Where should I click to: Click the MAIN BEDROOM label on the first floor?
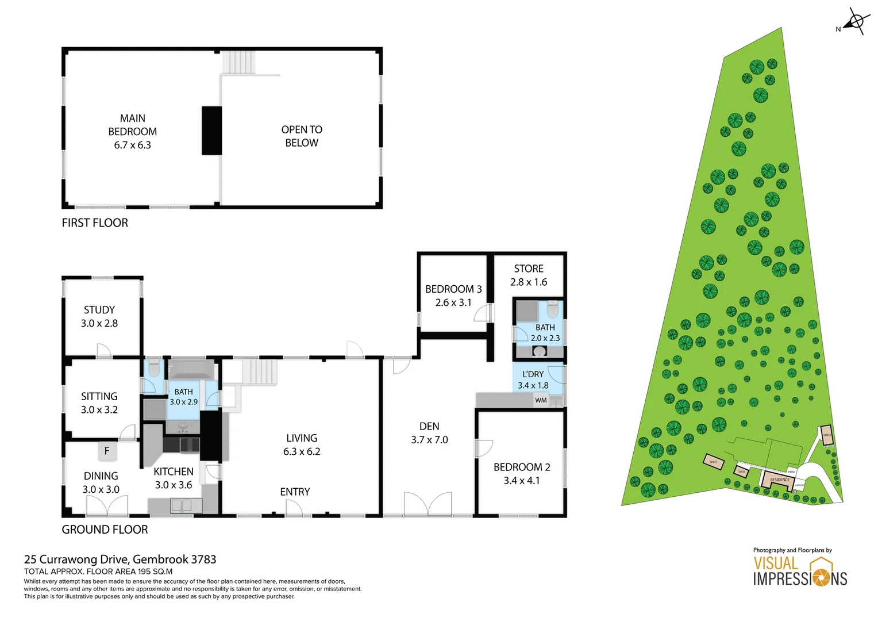[x=132, y=125]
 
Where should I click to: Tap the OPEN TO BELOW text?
[x=302, y=136]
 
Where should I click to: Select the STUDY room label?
[x=99, y=310]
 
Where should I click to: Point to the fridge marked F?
[x=107, y=451]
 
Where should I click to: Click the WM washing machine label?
[x=541, y=400]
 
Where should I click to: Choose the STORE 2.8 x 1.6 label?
[x=529, y=275]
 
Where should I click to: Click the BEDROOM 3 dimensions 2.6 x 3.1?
[x=453, y=302]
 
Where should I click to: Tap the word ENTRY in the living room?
[x=295, y=492]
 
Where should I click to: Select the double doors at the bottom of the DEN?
[x=428, y=504]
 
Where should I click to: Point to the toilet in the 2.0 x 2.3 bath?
[x=552, y=310]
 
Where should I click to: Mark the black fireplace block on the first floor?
[x=211, y=131]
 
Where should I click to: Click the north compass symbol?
[x=856, y=22]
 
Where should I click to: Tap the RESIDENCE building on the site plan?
[x=779, y=480]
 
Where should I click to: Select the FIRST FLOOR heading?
[x=95, y=223]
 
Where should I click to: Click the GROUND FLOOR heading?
[x=105, y=530]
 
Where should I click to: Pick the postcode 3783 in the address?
[x=203, y=559]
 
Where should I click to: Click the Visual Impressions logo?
[x=800, y=572]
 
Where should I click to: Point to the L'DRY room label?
[x=533, y=374]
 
